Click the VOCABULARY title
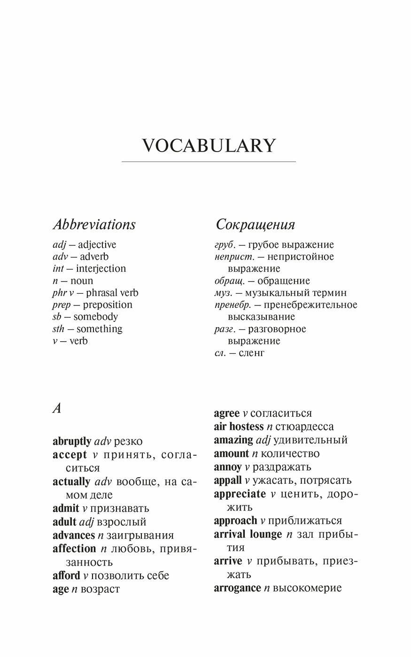click(209, 146)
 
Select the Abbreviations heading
click(94, 224)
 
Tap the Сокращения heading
click(255, 225)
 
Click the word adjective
click(97, 245)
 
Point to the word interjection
click(101, 269)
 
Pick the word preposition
click(108, 305)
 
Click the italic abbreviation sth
click(58, 329)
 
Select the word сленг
click(251, 353)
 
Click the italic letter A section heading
click(57, 409)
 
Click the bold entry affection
click(74, 549)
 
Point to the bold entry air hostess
click(239, 427)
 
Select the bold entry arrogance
click(237, 588)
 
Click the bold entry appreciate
click(240, 494)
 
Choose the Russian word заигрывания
click(140, 535)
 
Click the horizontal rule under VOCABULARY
click(209, 162)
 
